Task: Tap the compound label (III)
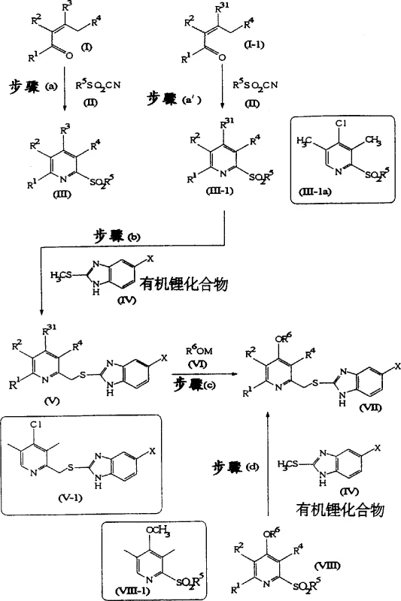pyautogui.click(x=74, y=194)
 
